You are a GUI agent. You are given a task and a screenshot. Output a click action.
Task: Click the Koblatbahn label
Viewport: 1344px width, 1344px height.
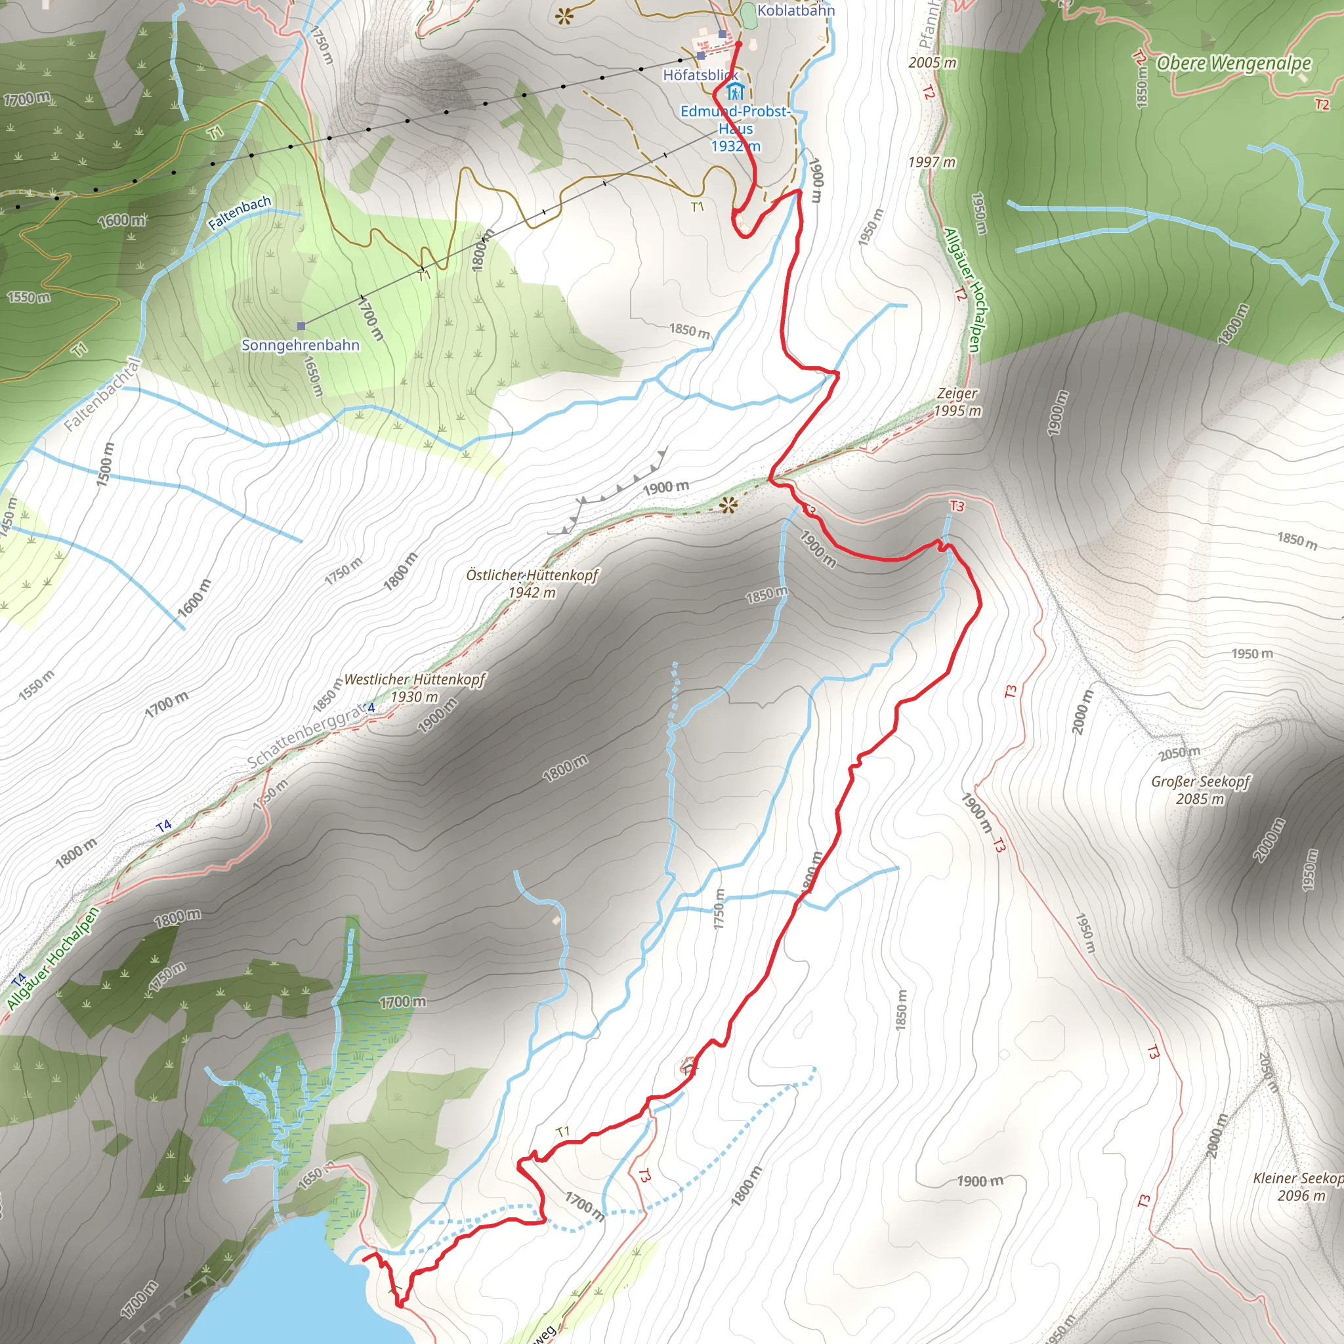coord(795,10)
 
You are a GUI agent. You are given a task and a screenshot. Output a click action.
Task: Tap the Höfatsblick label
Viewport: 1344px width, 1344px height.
coord(700,74)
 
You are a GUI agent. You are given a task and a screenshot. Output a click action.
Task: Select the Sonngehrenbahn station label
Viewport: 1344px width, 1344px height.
coord(301,345)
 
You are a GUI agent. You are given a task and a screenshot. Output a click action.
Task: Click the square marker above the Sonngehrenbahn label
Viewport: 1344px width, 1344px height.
coord(301,325)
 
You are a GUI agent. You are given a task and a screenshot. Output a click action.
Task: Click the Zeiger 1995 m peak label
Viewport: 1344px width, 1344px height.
coord(957,402)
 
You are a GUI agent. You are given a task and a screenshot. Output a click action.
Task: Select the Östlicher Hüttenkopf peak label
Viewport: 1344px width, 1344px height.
coord(532,583)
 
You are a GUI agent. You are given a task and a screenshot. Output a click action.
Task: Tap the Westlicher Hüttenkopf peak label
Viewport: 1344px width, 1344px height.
coord(415,687)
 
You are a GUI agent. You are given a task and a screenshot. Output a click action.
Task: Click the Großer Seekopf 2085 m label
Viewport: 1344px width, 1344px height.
coord(1200,789)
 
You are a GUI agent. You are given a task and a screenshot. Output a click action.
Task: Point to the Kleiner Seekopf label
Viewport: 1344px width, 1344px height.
coord(1298,1186)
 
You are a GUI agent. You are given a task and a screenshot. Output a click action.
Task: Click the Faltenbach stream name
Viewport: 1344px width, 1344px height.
coord(240,213)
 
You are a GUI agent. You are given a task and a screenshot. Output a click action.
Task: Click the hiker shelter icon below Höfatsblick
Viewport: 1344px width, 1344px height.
coord(735,92)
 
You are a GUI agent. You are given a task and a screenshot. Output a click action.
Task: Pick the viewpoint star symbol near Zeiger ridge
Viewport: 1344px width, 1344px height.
coord(728,505)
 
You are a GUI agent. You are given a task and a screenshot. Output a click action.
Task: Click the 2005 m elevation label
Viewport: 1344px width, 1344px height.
coord(932,62)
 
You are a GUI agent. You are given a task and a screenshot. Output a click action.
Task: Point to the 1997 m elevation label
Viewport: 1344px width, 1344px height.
coord(931,162)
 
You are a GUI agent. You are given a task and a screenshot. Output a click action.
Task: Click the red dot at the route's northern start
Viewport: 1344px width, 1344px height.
coord(739,44)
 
